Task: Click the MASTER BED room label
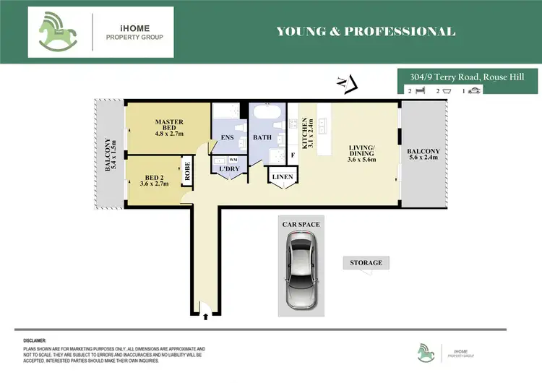pyautogui.click(x=169, y=127)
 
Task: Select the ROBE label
pyautogui.click(x=186, y=171)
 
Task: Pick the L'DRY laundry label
pyautogui.click(x=229, y=169)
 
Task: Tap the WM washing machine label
pyautogui.click(x=233, y=159)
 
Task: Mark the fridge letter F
pyautogui.click(x=293, y=155)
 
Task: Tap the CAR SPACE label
pyautogui.click(x=301, y=225)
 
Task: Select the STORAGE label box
pyautogui.click(x=366, y=262)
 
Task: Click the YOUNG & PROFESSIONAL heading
pyautogui.click(x=366, y=31)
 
